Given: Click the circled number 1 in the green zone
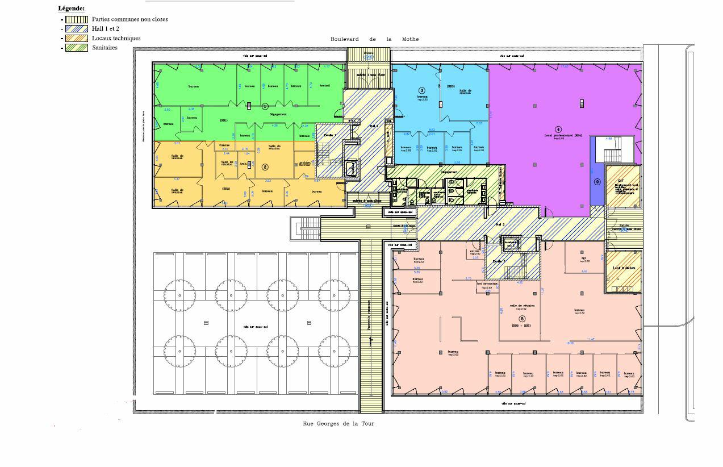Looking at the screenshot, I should click(x=265, y=106).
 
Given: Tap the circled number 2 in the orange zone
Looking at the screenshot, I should click(x=265, y=167).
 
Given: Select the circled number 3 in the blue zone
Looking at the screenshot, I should click(x=421, y=90).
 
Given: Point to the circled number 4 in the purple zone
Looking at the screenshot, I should click(x=558, y=130).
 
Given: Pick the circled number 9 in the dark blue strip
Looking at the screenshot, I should click(x=597, y=182).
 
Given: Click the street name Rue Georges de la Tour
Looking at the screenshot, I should click(x=338, y=424).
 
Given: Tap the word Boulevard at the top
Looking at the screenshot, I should click(x=345, y=39).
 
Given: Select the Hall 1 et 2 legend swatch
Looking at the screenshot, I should click(x=76, y=28).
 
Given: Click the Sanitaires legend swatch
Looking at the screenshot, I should click(x=76, y=48).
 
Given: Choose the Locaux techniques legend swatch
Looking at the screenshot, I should click(x=76, y=38).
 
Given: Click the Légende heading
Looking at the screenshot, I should click(x=72, y=9).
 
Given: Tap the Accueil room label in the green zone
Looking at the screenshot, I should click(x=325, y=86).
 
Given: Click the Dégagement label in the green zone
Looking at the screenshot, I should click(x=278, y=114).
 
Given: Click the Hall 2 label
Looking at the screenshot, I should click(x=500, y=225).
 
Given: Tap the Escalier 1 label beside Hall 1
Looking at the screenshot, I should click(x=329, y=135).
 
